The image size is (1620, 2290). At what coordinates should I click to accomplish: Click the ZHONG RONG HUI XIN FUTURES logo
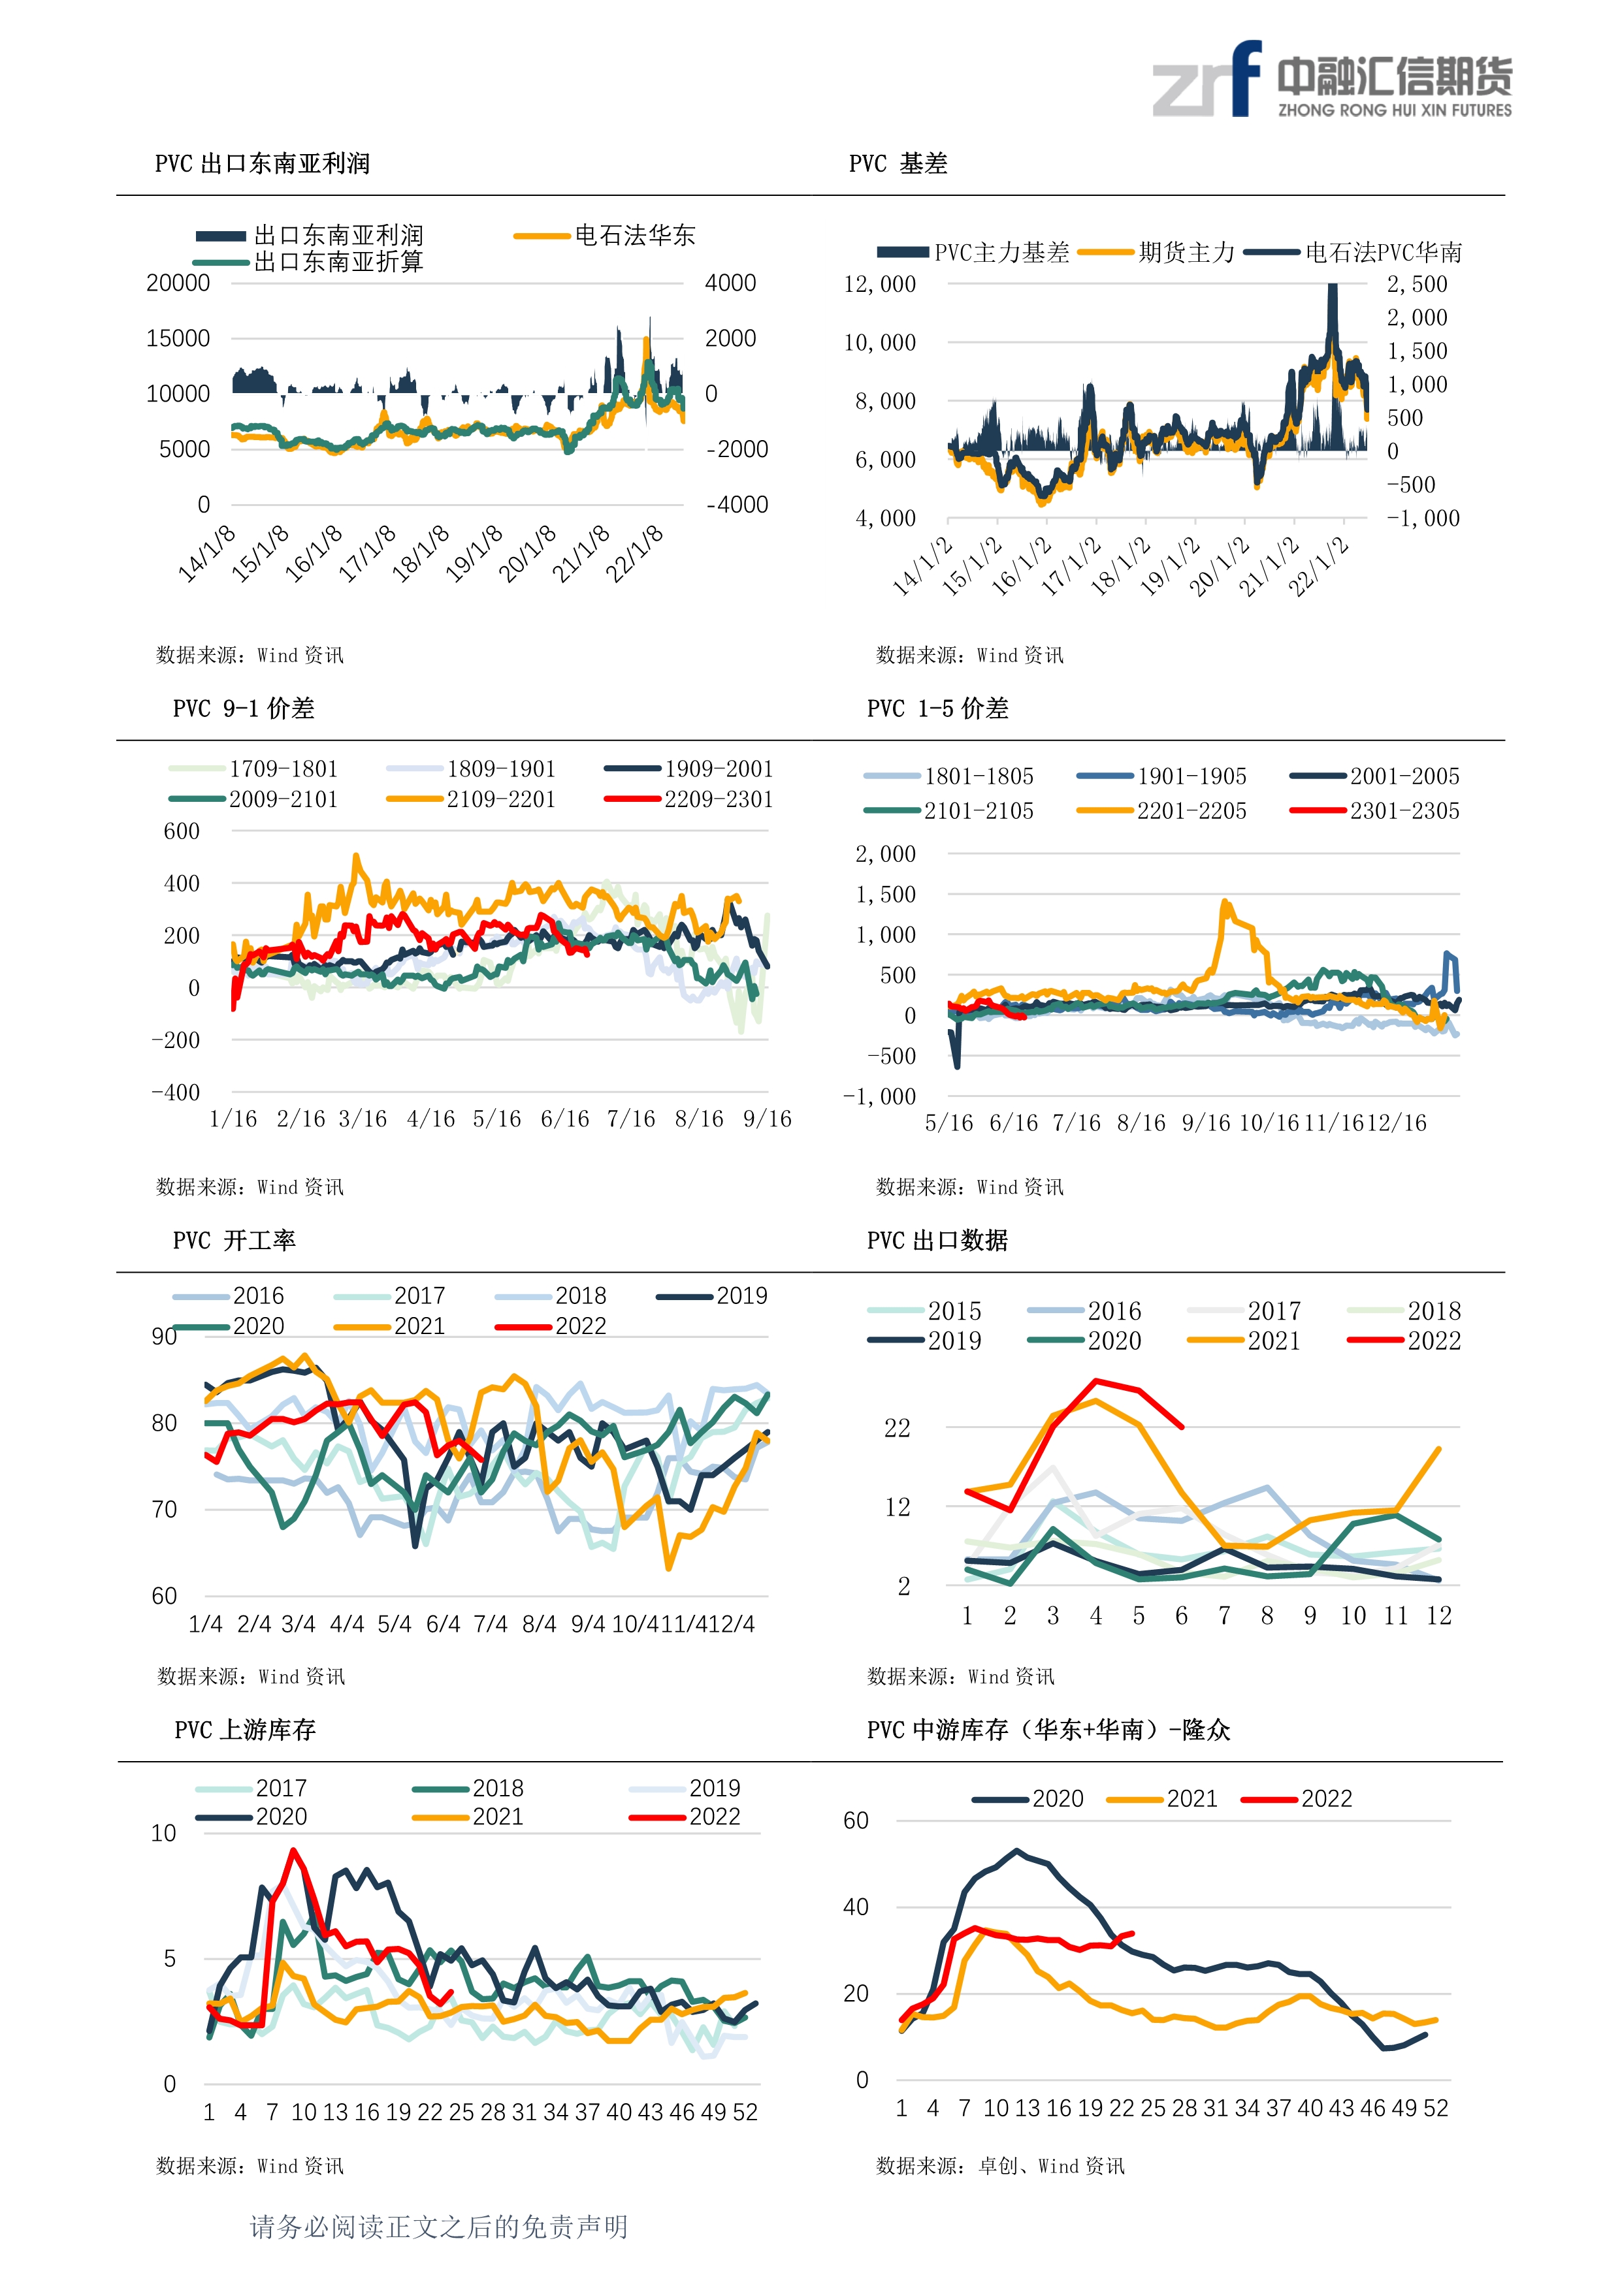click(1332, 80)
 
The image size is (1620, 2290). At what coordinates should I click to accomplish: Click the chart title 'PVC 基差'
click(898, 163)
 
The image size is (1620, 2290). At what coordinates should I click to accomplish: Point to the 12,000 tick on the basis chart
click(880, 284)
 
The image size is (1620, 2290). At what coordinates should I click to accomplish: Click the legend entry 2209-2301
click(688, 799)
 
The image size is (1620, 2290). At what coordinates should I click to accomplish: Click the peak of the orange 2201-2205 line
click(1225, 902)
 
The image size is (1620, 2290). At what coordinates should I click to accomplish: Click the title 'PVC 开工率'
click(235, 1241)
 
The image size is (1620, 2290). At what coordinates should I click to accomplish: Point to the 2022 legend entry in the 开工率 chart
click(551, 1326)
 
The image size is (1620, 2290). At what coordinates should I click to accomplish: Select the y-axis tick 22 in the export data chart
click(898, 1428)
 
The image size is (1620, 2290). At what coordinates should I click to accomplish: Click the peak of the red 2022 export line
click(1096, 1382)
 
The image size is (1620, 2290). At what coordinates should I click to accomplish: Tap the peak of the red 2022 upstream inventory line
click(293, 1851)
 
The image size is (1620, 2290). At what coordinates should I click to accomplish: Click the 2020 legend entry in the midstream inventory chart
click(1028, 1800)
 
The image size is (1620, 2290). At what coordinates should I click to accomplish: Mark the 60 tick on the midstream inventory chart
click(856, 1821)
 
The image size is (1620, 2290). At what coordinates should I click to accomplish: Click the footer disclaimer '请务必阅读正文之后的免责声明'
click(439, 2227)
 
